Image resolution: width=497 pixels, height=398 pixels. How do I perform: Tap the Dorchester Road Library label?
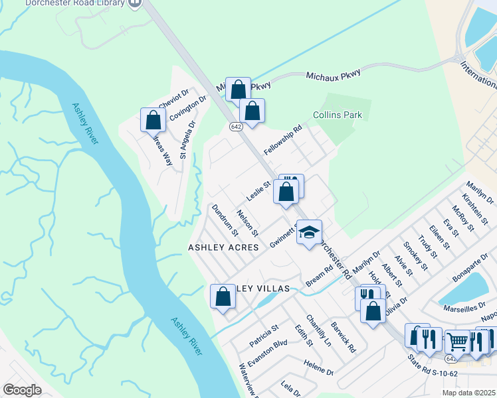(76, 3)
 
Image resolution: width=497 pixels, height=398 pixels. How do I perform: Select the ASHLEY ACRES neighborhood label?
(223, 247)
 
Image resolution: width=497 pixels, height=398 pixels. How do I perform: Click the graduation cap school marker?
(309, 232)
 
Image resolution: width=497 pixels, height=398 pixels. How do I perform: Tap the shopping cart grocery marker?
(458, 342)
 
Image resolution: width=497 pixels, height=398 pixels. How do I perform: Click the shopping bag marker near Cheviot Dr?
(153, 120)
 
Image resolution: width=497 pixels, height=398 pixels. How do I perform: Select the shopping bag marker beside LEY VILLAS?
(223, 297)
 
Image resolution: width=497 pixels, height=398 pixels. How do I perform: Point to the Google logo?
(23, 390)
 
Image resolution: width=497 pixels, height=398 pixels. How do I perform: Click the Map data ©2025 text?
(468, 393)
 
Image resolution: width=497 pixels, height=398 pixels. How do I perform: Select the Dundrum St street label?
(225, 220)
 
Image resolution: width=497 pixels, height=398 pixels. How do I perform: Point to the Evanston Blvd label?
(267, 352)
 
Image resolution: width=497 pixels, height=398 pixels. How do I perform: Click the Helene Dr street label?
(318, 364)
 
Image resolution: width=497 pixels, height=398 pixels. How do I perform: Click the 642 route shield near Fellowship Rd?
(236, 127)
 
